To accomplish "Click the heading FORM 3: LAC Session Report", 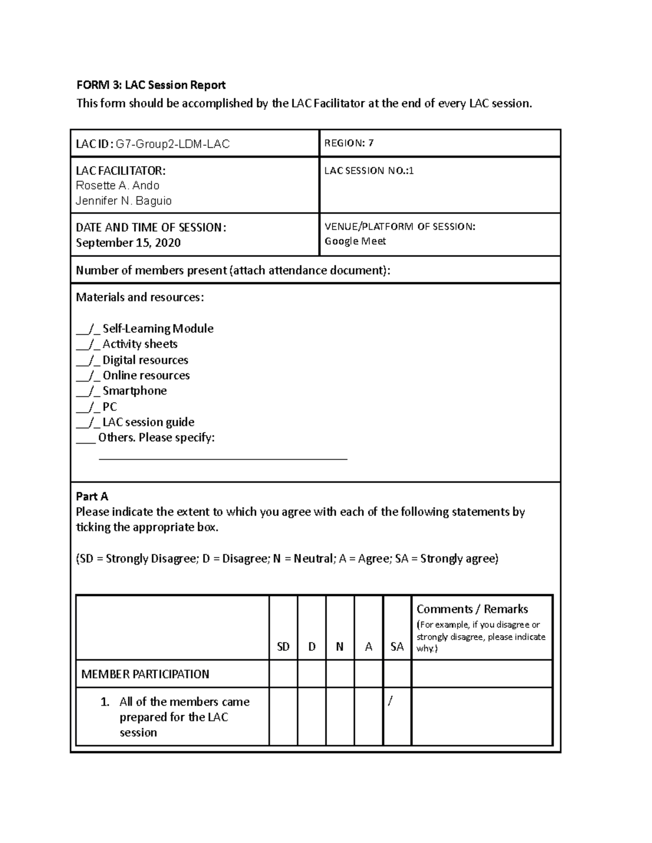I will (x=151, y=85).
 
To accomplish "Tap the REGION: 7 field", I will (x=349, y=143).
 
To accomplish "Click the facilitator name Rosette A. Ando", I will (x=117, y=186).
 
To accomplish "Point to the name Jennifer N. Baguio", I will (x=124, y=201).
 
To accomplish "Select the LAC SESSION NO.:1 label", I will (x=369, y=170).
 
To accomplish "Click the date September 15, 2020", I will (x=128, y=243).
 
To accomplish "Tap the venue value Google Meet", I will (x=355, y=241).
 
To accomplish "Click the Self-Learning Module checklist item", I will (x=158, y=328).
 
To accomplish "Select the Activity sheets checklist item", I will (x=140, y=344).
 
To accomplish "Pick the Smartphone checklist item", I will (x=134, y=391).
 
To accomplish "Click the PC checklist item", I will (x=110, y=407).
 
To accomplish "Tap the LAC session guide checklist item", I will (x=148, y=422).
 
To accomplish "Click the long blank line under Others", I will (x=223, y=459).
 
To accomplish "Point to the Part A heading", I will (x=92, y=496).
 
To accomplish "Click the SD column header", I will (x=283, y=646).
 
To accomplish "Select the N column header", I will (x=340, y=646).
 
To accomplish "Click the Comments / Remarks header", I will (x=472, y=609).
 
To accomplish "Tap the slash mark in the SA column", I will (x=390, y=701).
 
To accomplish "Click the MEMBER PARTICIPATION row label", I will (x=145, y=674).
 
